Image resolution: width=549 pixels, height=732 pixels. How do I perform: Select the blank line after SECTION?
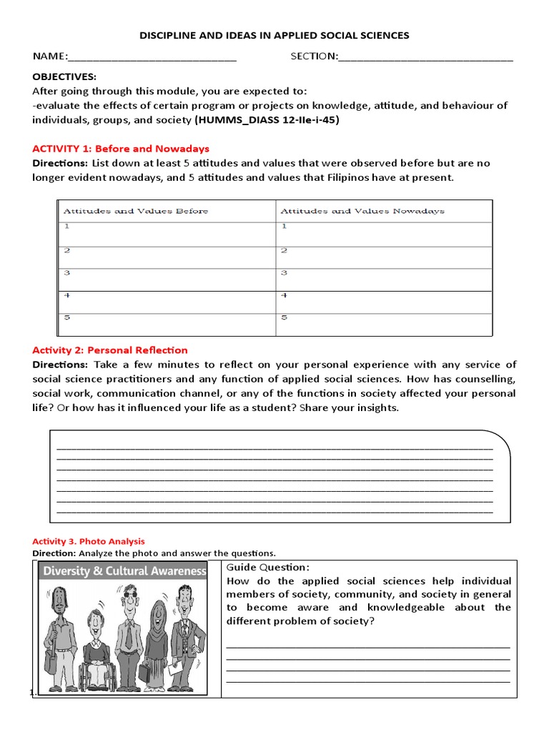point(426,58)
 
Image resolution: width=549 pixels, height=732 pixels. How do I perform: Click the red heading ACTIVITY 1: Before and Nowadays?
point(121,149)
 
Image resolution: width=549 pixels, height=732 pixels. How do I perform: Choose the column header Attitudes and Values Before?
point(136,211)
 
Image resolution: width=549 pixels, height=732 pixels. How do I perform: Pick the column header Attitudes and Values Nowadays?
point(362,211)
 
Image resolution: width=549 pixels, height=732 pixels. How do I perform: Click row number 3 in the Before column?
point(66,272)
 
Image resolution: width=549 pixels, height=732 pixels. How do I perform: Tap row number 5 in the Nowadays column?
point(284,317)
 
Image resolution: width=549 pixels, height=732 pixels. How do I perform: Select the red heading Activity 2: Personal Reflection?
point(110,350)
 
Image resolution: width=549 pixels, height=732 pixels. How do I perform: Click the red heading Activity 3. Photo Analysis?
point(89,541)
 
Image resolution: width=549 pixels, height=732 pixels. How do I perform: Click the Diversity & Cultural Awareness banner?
point(124,571)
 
